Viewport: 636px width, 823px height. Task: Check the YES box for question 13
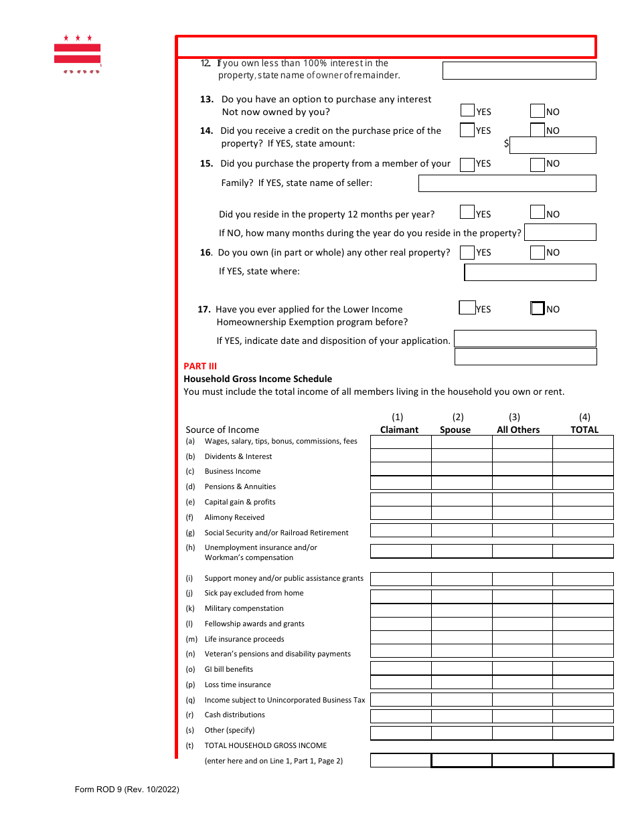(467, 111)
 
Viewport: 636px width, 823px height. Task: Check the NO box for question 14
(537, 130)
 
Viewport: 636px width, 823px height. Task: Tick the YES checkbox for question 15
(467, 164)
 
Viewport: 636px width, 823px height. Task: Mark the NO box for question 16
(537, 252)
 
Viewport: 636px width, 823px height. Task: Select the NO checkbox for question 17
(537, 308)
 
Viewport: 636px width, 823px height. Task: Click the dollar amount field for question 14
(552, 145)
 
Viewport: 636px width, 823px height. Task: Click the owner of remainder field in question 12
(519, 71)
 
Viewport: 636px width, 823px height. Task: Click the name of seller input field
(507, 183)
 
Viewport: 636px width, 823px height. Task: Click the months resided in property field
(560, 232)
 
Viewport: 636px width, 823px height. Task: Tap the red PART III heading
(200, 366)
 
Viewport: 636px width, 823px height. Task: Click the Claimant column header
(399, 430)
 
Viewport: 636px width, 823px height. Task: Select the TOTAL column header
(584, 430)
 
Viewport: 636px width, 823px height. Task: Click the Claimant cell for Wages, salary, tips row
(400, 442)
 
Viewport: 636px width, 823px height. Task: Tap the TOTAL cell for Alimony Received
(582, 513)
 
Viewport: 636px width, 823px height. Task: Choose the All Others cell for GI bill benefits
(522, 668)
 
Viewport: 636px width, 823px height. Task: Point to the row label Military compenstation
(244, 608)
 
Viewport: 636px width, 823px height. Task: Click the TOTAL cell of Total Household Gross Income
(582, 760)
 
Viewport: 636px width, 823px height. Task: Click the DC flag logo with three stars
(77, 54)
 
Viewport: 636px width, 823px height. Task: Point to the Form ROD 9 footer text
(127, 790)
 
